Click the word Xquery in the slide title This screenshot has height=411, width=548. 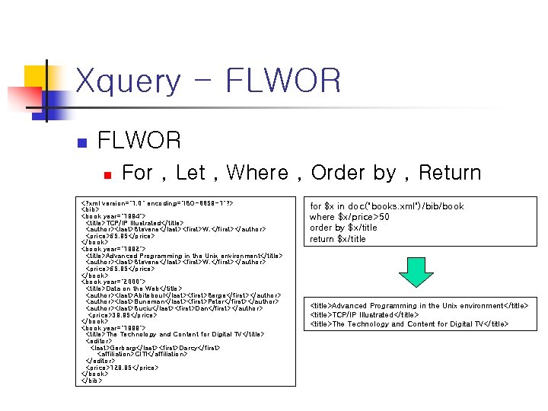(x=129, y=81)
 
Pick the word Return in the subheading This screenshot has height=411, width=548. (x=450, y=174)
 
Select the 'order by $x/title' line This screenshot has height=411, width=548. (x=343, y=228)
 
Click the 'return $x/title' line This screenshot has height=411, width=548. (x=337, y=239)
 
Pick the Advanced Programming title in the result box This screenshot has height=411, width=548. (x=419, y=306)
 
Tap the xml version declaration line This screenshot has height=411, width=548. (x=158, y=204)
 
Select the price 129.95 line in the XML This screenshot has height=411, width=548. (x=122, y=368)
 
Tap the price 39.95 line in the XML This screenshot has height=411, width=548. (x=123, y=315)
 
